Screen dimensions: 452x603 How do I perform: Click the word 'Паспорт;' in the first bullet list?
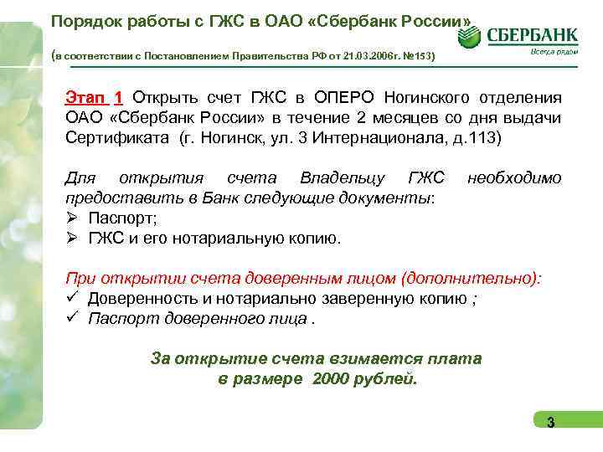click(x=122, y=218)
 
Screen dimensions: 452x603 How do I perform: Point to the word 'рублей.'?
click(x=388, y=379)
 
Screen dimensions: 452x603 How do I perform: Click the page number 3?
click(x=550, y=422)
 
